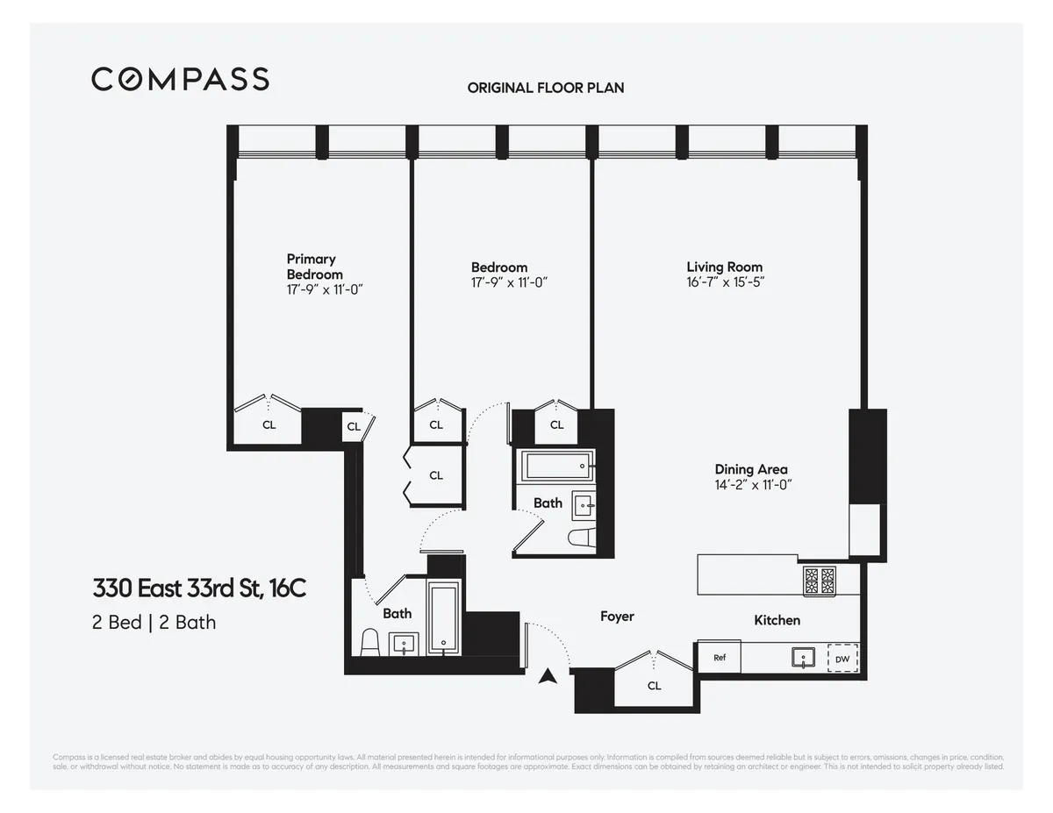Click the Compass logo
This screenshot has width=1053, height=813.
[180, 79]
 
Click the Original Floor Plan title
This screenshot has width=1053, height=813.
[545, 88]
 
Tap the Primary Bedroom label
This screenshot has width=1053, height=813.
[313, 267]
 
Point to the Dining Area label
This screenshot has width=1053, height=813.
[750, 469]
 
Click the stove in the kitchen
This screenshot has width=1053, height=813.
[820, 579]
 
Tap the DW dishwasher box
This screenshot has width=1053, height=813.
[842, 659]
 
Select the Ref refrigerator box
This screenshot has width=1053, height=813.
[719, 657]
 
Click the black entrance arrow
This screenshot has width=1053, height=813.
[548, 676]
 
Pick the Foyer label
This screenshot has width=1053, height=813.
[617, 617]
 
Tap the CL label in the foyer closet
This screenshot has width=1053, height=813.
[654, 686]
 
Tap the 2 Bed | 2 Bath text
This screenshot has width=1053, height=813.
[154, 623]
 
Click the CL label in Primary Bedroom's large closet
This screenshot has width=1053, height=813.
[269, 424]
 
